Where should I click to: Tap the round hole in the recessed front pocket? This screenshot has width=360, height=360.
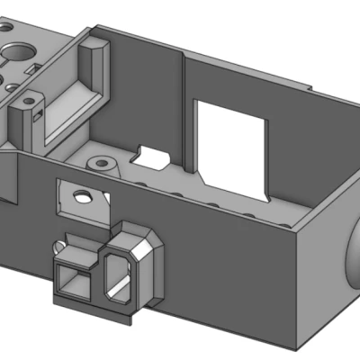(82, 193)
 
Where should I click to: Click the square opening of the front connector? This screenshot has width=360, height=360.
(75, 280)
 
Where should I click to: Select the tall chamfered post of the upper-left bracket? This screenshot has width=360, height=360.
(93, 63)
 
